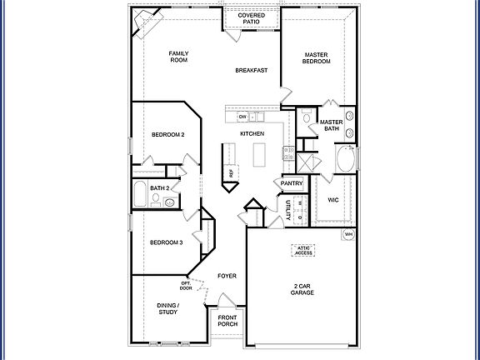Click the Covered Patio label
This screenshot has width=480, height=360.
252,18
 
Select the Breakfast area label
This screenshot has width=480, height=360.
251,70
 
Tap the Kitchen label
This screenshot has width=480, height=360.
252,133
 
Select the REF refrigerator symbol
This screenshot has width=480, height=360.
232,172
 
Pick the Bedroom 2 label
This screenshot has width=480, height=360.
167,134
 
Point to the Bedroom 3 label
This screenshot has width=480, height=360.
166,242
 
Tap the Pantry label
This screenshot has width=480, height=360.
292,183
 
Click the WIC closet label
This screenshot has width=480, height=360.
333,200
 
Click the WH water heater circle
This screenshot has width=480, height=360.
349,235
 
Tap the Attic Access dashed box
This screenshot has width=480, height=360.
303,250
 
